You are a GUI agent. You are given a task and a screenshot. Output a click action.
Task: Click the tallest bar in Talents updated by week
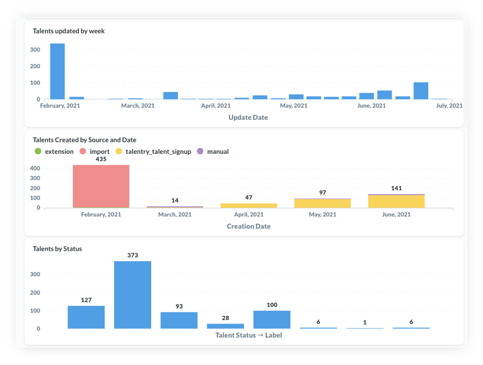57,71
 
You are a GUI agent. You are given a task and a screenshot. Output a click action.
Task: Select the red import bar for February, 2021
101,186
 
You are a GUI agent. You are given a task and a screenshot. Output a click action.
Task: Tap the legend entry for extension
55,152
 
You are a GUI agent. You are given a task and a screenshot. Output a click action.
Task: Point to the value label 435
101,159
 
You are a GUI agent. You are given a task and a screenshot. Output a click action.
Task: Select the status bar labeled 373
133,295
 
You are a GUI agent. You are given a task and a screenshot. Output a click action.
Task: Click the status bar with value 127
86,317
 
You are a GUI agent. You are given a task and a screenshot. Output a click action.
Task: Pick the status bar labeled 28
226,326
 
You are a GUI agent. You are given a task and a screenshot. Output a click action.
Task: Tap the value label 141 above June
396,188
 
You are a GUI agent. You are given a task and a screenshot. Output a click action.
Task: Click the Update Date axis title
248,117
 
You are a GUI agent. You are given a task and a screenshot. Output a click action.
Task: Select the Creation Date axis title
249,226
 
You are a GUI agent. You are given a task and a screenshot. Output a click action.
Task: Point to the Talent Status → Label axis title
249,335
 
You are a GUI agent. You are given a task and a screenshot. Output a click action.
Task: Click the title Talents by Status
57,249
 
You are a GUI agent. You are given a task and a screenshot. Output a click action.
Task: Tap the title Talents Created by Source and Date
85,140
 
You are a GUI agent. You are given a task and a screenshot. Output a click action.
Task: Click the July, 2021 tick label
449,106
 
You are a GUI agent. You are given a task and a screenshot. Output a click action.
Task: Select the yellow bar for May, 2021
322,203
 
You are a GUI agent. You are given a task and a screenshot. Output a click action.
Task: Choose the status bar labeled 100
272,319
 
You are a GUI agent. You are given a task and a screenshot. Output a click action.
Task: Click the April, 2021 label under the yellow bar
249,215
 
